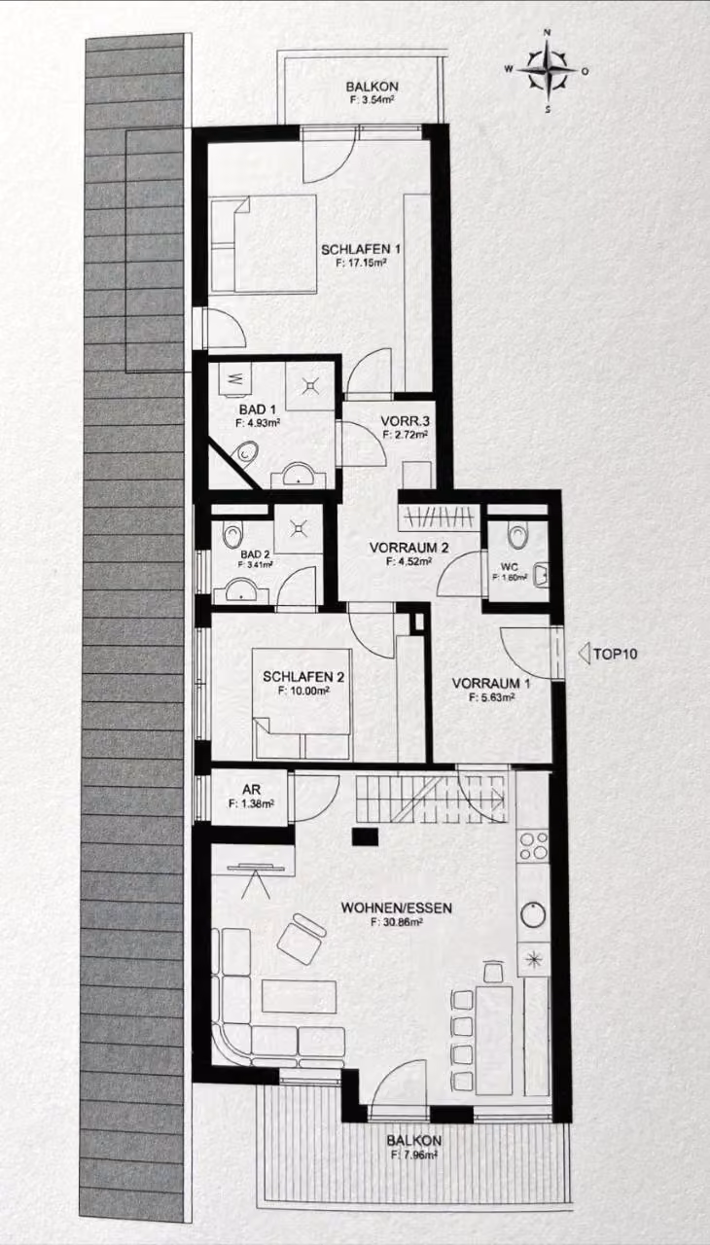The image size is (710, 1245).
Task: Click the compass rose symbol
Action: coord(548,71)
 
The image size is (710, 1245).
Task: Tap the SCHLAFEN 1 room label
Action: coord(361,250)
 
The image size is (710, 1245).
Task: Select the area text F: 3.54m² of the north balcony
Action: coord(373,100)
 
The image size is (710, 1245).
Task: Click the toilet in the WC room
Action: coord(517,535)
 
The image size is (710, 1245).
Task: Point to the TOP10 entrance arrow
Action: coord(584,654)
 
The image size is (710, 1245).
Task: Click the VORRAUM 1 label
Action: coord(491,683)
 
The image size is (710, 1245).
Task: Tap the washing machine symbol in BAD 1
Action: coord(235,379)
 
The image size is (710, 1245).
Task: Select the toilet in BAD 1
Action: coord(246,453)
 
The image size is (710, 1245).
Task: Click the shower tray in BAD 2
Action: coord(299,528)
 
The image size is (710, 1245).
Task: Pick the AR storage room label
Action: coord(251,790)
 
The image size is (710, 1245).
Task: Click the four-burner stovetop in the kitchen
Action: coord(533,845)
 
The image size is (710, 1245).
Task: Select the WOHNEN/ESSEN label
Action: coord(396,908)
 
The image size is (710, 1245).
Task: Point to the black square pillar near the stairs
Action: coord(366,836)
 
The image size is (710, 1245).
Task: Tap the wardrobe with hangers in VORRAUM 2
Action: coord(439,517)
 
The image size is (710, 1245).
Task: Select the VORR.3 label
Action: coord(405,421)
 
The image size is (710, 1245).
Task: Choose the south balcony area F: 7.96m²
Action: coord(414,1154)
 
